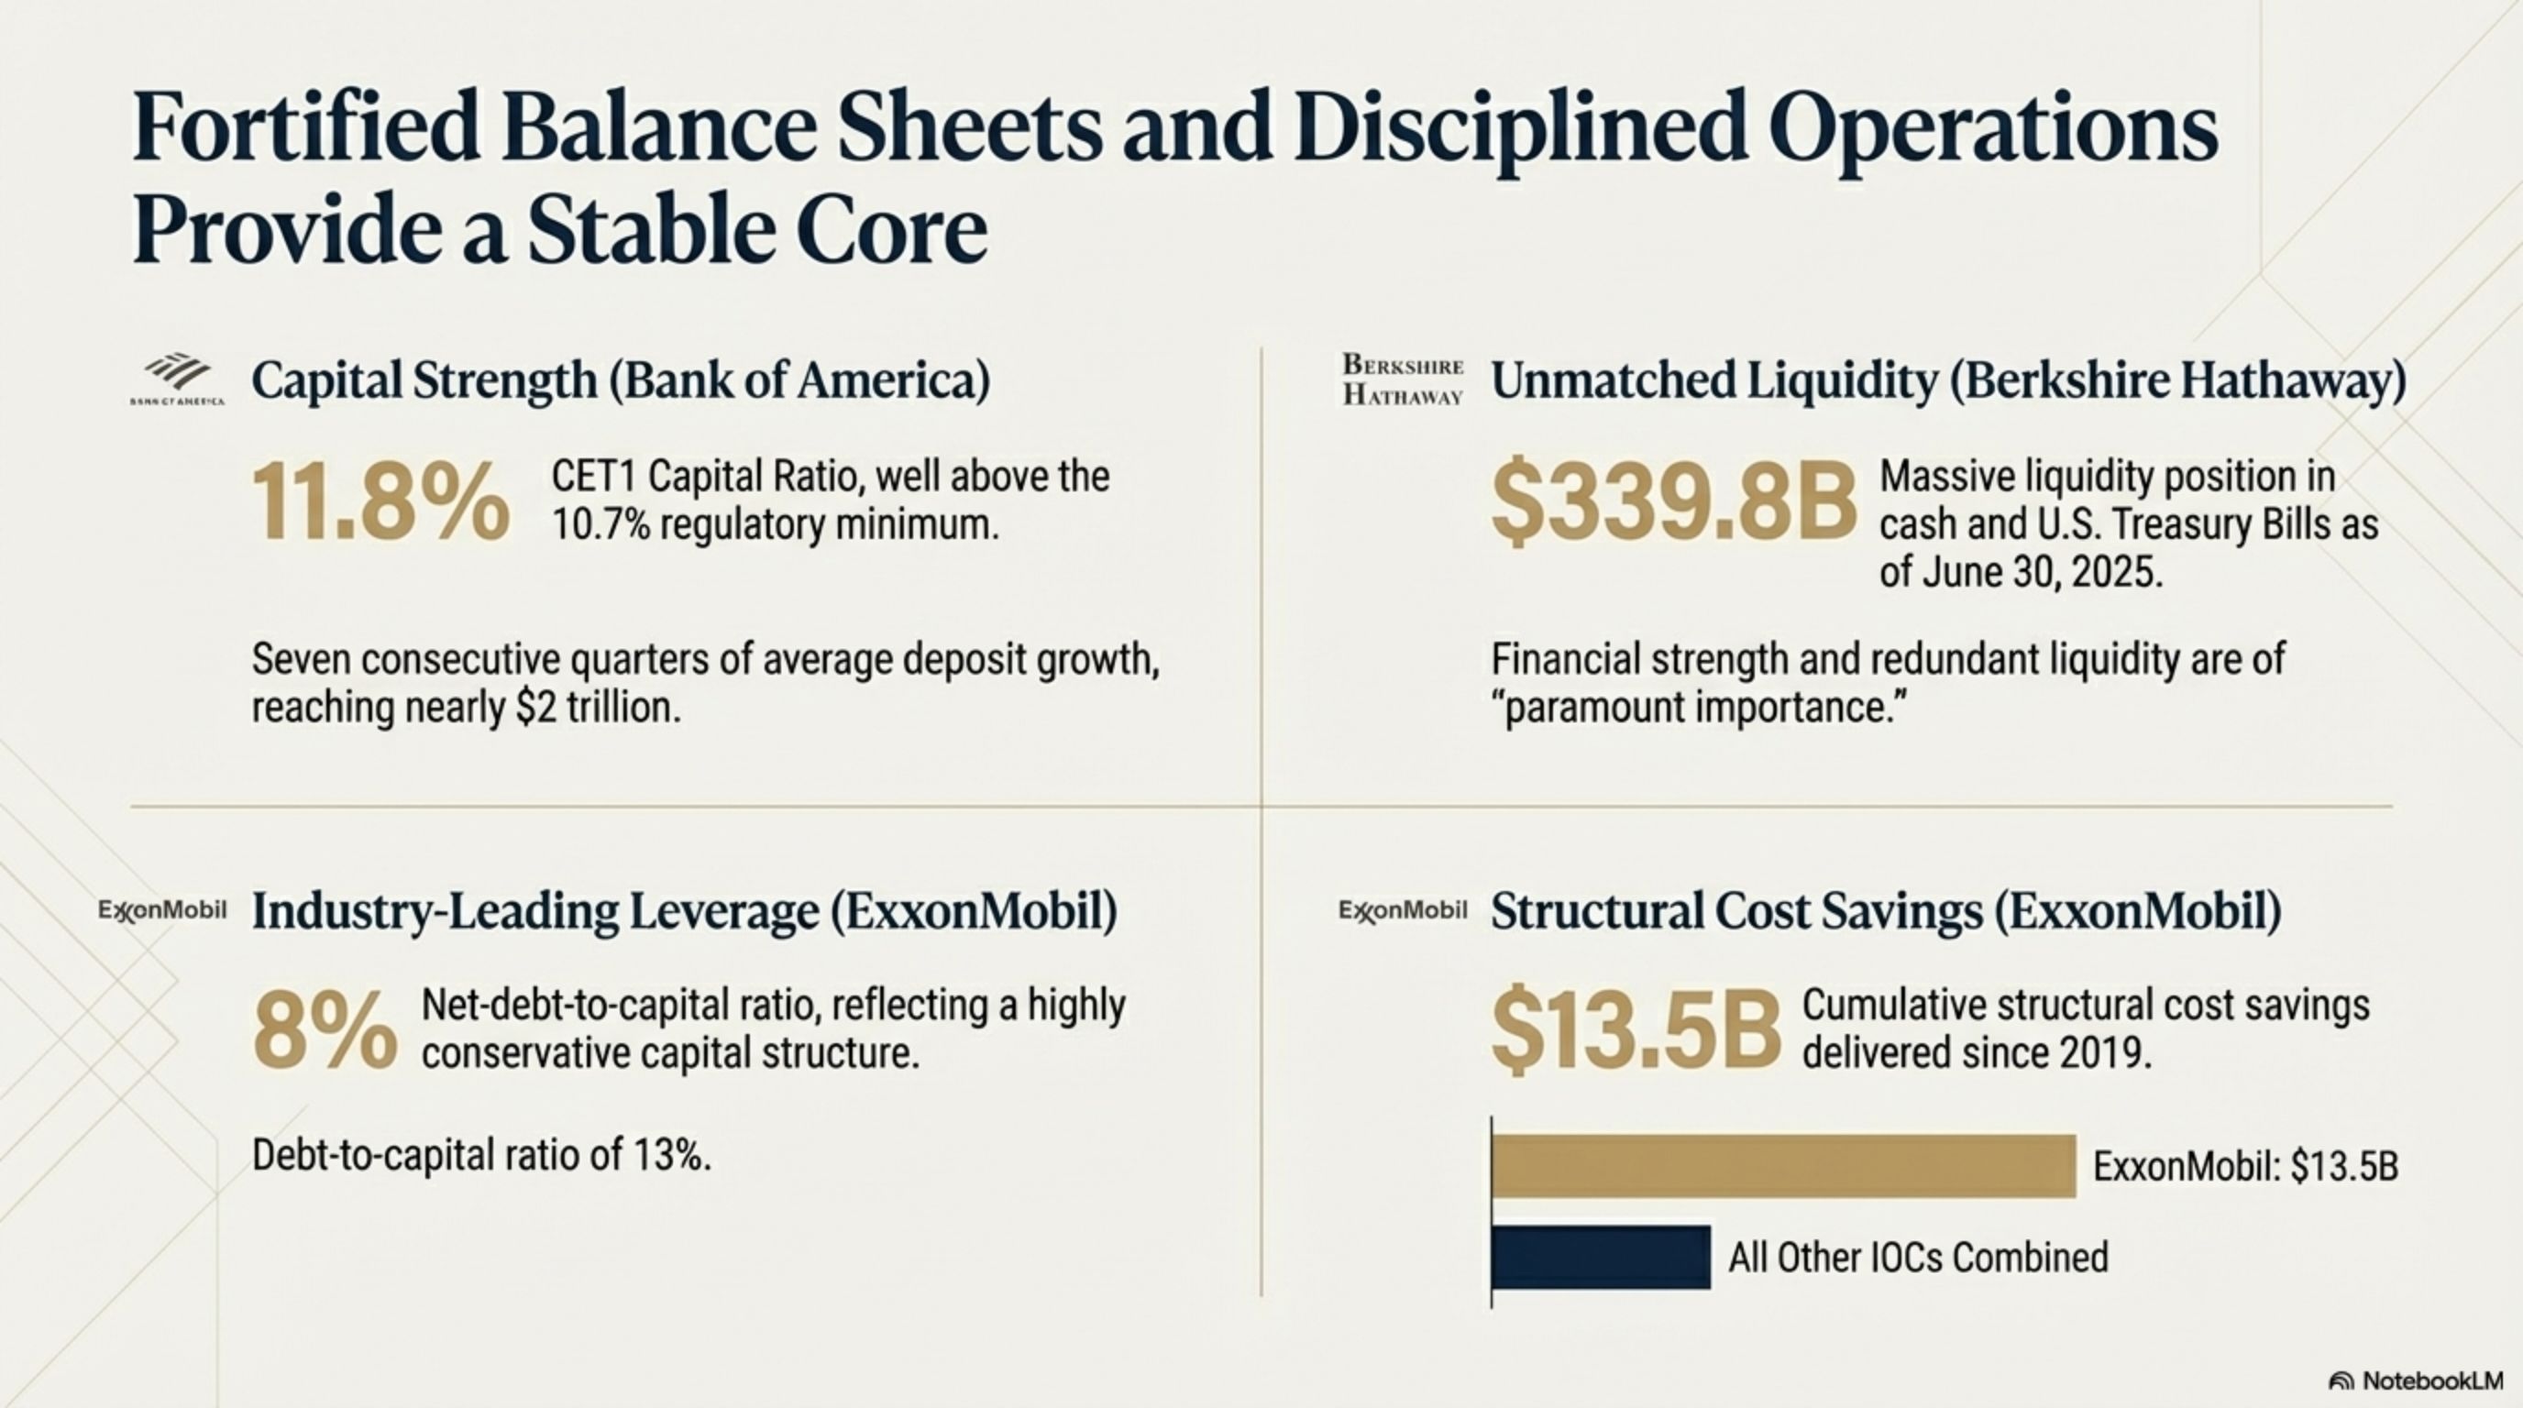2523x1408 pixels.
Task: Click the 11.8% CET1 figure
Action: pyautogui.click(x=380, y=502)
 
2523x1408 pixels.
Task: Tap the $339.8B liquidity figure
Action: pyautogui.click(x=1673, y=502)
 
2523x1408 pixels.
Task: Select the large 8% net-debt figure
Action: pyautogui.click(x=325, y=1031)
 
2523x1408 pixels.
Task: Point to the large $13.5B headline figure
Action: pyautogui.click(x=1635, y=1031)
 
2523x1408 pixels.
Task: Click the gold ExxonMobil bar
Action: pyautogui.click(x=1782, y=1166)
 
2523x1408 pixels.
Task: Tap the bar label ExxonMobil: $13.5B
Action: pyautogui.click(x=2245, y=1166)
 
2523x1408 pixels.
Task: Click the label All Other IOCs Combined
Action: pyautogui.click(x=1918, y=1258)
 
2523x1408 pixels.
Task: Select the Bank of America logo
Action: pyautogui.click(x=177, y=379)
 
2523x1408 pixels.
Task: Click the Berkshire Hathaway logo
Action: pyautogui.click(x=1403, y=379)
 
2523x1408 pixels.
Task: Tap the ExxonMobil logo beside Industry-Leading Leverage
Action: pyautogui.click(x=162, y=911)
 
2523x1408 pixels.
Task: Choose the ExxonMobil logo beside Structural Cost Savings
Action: pyautogui.click(x=1403, y=911)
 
